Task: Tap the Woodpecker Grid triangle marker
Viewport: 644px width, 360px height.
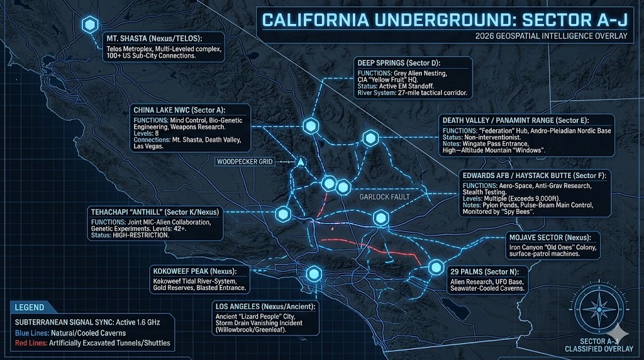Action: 301,162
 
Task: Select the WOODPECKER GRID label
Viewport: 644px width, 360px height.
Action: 244,162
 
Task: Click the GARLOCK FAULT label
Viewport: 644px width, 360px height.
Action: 385,197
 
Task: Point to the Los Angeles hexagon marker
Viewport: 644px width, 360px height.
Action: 313,274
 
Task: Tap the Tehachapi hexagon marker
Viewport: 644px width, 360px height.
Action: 282,213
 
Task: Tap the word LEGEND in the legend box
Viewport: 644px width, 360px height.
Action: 30,308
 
